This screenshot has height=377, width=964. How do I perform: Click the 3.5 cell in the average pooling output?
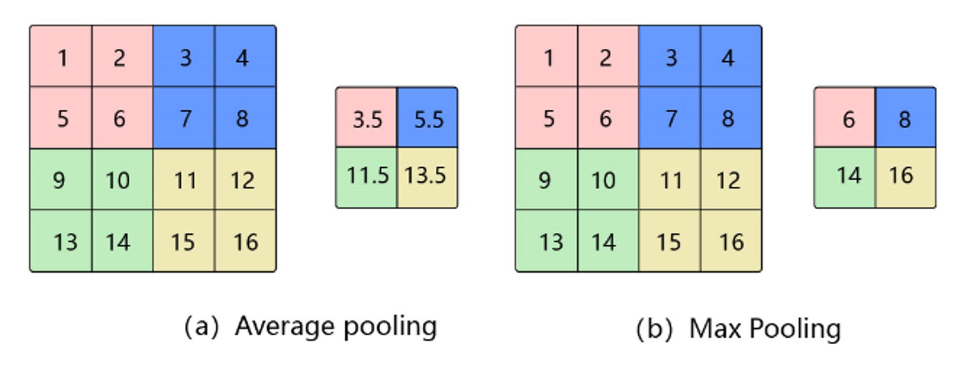coord(366,117)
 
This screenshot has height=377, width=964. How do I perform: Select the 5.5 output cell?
coord(428,117)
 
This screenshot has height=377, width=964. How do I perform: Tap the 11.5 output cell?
coord(366,178)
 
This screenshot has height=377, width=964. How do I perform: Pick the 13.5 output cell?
coord(428,178)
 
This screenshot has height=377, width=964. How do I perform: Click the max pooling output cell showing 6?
coord(845,117)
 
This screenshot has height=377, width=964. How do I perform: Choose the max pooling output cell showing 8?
coord(906,117)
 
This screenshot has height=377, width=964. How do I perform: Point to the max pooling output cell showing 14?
coord(845,178)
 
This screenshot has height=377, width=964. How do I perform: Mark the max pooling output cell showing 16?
coord(906,178)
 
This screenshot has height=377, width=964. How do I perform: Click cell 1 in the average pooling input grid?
coord(61,56)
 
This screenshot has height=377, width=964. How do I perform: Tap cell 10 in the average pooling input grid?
coord(122,179)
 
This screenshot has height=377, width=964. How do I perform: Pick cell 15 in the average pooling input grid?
coord(184,241)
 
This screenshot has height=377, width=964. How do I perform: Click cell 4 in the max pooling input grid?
coord(731,56)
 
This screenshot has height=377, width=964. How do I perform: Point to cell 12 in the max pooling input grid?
coord(731,179)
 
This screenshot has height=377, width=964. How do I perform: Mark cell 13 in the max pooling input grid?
coord(547,241)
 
